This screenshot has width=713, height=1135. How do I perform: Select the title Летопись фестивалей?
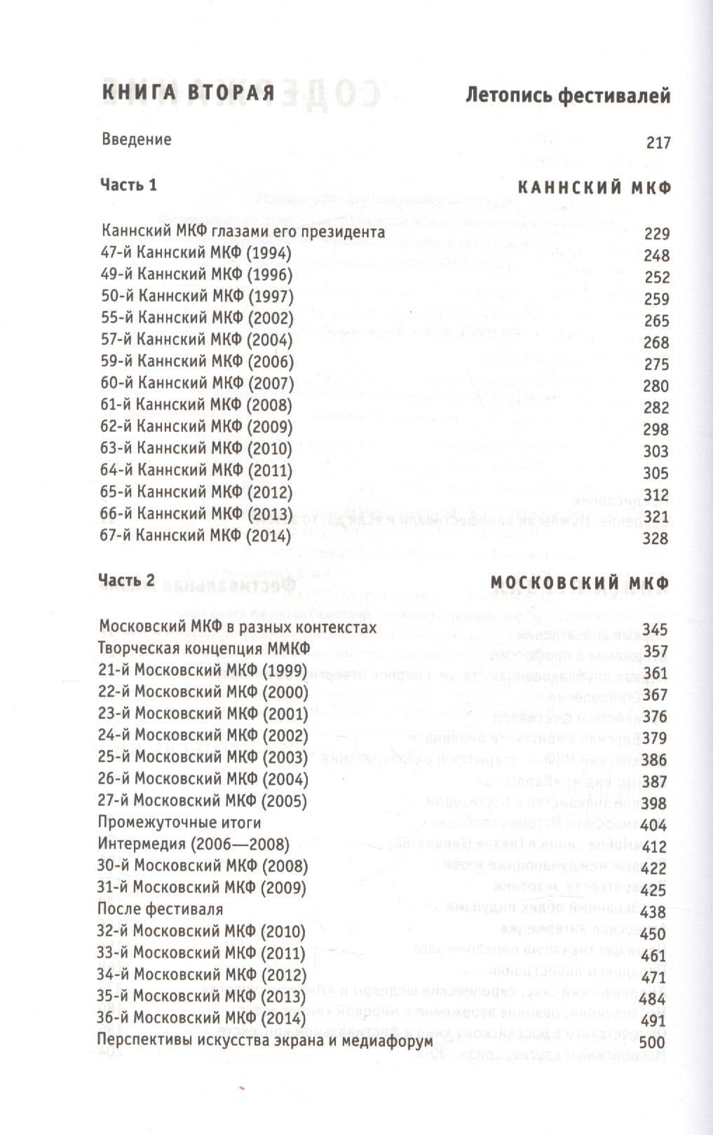(x=567, y=95)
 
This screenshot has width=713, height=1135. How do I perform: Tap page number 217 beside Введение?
(x=658, y=143)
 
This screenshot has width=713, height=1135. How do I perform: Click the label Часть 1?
(x=129, y=185)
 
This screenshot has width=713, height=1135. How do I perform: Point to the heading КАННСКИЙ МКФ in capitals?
(x=594, y=187)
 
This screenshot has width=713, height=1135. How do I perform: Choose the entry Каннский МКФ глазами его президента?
(x=243, y=231)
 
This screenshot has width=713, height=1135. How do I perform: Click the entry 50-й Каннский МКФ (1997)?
(x=197, y=297)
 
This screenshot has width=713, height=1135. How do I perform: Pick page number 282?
(x=656, y=407)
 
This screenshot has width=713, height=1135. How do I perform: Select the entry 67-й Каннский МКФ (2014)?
(x=196, y=536)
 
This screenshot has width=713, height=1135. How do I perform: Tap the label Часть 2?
(x=127, y=580)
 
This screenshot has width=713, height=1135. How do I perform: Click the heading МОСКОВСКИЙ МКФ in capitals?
(x=579, y=583)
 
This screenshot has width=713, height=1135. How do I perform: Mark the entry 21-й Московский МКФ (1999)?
(x=203, y=670)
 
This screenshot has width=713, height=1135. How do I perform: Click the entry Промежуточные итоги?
(x=179, y=822)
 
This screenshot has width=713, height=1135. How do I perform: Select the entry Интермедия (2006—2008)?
(x=193, y=844)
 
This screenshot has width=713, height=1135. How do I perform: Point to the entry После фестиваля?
(x=161, y=909)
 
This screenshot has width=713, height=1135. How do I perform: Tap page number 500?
(x=653, y=1042)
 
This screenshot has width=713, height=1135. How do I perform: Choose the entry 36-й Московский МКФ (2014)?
(x=202, y=1018)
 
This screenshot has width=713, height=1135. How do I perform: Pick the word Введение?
(x=136, y=139)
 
